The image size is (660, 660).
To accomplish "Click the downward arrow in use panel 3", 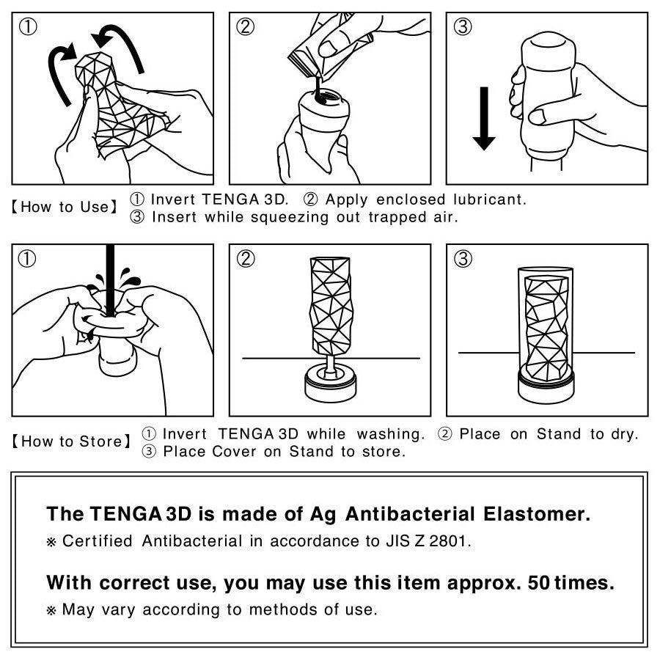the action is (484, 119).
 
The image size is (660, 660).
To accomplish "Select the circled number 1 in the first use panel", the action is (28, 27).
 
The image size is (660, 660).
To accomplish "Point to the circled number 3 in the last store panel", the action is (463, 258).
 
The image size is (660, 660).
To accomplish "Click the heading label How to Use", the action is (65, 207).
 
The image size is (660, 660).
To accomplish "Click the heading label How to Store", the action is (71, 441).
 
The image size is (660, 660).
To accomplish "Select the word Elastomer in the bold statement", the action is (537, 514).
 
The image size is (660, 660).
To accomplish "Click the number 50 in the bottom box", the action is (539, 583).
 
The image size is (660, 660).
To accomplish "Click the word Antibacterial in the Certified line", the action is (192, 541).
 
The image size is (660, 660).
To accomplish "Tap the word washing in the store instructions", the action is (391, 434).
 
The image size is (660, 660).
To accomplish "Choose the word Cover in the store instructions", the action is (234, 452).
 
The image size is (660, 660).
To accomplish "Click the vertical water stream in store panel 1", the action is (110, 280).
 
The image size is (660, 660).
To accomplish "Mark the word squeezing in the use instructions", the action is (289, 218).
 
